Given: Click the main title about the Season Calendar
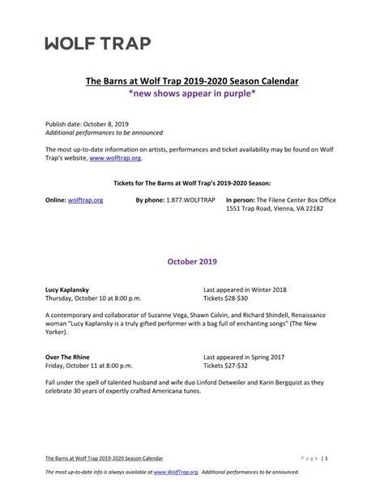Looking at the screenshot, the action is (x=192, y=81).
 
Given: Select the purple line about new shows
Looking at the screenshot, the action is (x=192, y=94).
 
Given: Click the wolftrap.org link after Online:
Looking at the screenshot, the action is (x=85, y=199).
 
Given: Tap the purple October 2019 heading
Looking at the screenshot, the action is (x=192, y=262).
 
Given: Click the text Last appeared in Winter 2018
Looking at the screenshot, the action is (x=245, y=289).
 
